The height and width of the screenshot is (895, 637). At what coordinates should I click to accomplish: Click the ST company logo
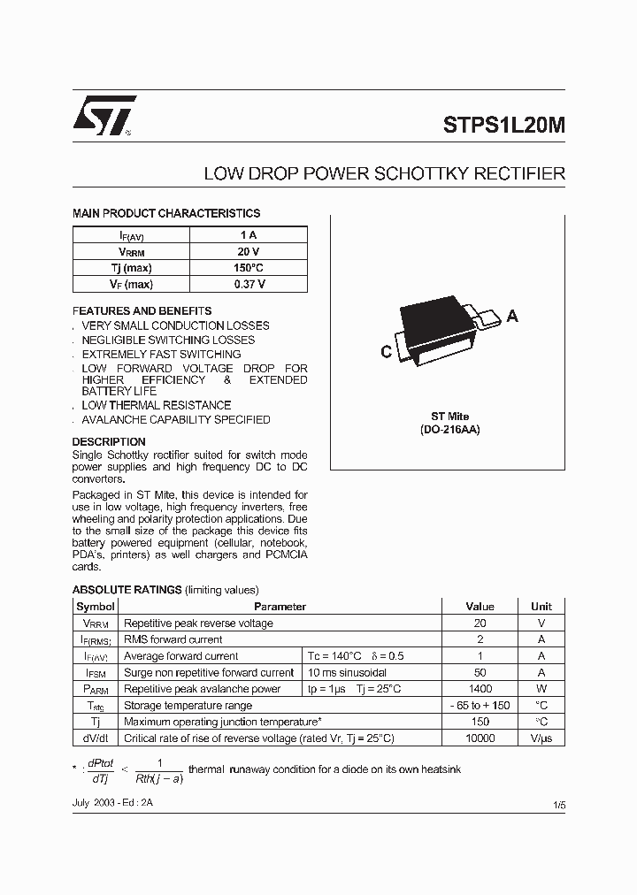tap(103, 115)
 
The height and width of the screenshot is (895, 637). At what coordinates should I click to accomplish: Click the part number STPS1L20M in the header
tap(503, 126)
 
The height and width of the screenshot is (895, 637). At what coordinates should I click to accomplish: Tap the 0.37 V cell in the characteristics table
tap(249, 284)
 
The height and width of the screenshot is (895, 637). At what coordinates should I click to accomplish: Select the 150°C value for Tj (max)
tap(249, 268)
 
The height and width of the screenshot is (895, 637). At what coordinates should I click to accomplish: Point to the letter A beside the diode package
tap(512, 316)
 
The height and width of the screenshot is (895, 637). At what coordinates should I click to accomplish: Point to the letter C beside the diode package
tap(386, 352)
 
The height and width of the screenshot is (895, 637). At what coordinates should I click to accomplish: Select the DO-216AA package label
tap(450, 429)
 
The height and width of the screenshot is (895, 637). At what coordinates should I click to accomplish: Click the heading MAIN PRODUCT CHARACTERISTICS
tap(165, 213)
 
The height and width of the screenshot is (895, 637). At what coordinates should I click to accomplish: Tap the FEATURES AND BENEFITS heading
tap(142, 311)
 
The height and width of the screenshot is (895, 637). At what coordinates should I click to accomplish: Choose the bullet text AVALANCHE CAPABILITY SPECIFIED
tap(176, 420)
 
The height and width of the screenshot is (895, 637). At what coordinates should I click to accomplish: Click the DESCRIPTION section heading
tap(109, 441)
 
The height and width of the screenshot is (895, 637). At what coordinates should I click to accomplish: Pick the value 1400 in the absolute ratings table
tap(480, 689)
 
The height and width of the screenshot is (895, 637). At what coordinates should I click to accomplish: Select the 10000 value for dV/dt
tap(480, 738)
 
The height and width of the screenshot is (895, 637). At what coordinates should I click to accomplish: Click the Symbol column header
tap(96, 607)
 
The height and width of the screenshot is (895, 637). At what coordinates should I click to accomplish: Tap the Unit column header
tap(541, 607)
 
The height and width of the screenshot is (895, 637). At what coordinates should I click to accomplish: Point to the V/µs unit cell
tap(541, 738)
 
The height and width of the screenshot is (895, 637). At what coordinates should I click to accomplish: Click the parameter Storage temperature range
tap(188, 706)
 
